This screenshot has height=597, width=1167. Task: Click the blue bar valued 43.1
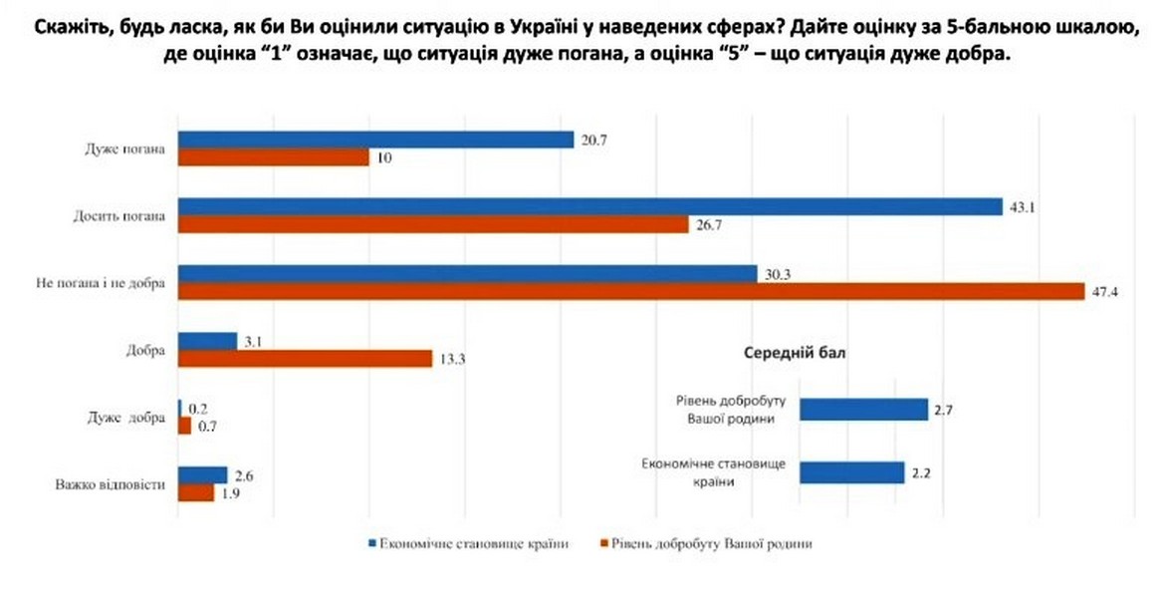(589, 207)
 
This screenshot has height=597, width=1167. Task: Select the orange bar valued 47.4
(630, 291)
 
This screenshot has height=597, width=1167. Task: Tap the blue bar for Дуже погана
(375, 141)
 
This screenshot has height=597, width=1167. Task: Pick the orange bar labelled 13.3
(305, 358)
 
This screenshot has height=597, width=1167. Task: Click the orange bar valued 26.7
(433, 225)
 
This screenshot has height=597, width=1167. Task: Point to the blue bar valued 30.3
(466, 274)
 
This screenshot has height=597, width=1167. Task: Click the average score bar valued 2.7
(863, 410)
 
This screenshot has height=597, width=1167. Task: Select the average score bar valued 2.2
(851, 472)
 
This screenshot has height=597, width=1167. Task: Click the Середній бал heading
(797, 353)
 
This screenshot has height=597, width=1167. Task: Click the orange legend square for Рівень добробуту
(603, 544)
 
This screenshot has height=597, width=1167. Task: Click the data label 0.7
(206, 426)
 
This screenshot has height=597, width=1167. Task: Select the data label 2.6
(243, 475)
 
